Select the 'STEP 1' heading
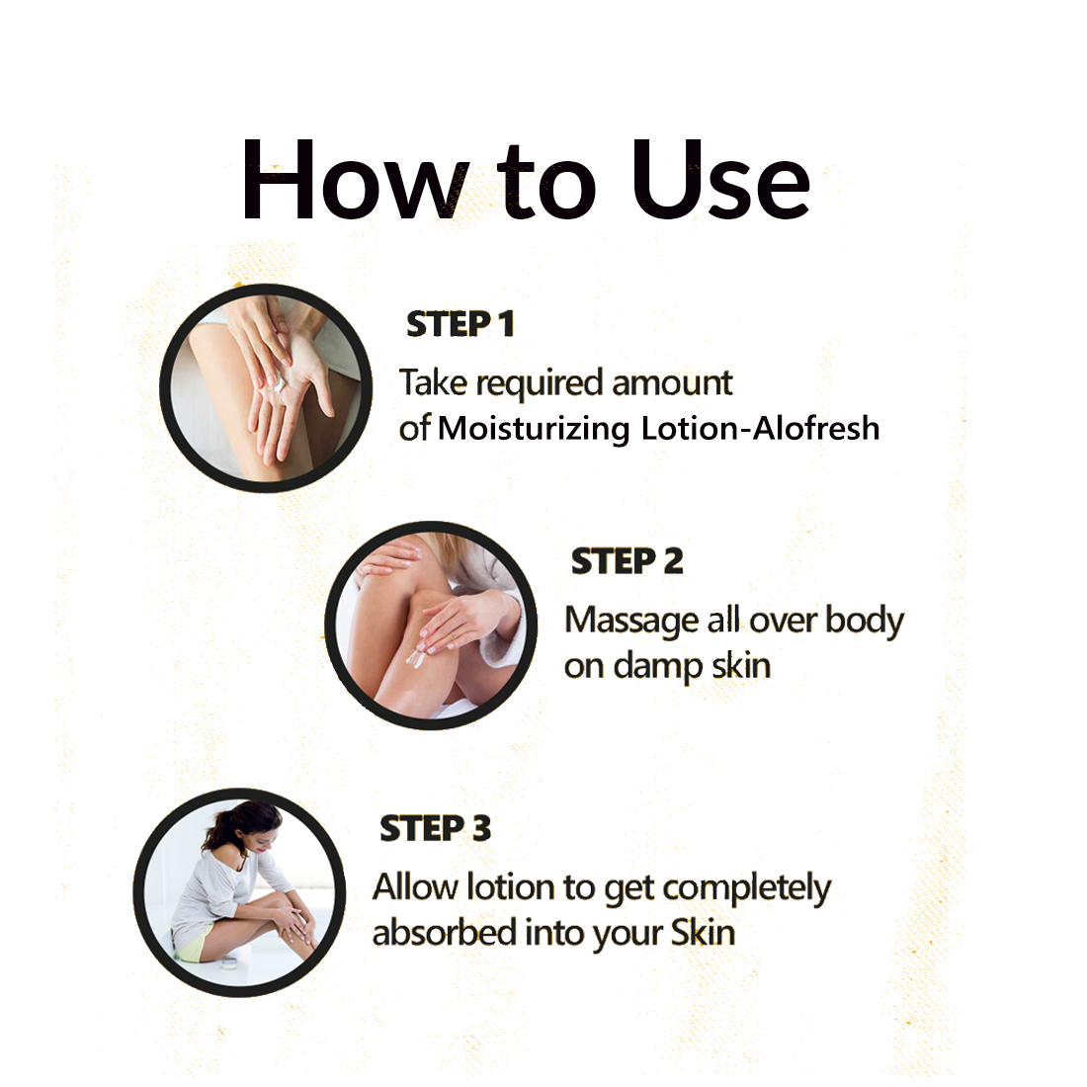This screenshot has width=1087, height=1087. [x=460, y=324]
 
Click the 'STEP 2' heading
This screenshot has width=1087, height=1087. [x=627, y=561]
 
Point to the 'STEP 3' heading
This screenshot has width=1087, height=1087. [x=436, y=828]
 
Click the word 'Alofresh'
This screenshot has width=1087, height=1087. [x=816, y=428]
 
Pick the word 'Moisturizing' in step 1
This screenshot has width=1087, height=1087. [x=534, y=430]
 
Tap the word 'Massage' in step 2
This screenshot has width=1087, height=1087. [x=631, y=622]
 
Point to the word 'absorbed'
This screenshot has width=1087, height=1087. [x=445, y=933]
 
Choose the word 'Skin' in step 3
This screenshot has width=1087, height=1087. [x=703, y=933]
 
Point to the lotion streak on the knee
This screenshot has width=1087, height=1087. [x=416, y=656]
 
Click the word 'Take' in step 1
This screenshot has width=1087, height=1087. [x=433, y=382]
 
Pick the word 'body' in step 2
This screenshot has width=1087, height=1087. [x=866, y=622]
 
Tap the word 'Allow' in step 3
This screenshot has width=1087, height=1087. [x=416, y=887]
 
